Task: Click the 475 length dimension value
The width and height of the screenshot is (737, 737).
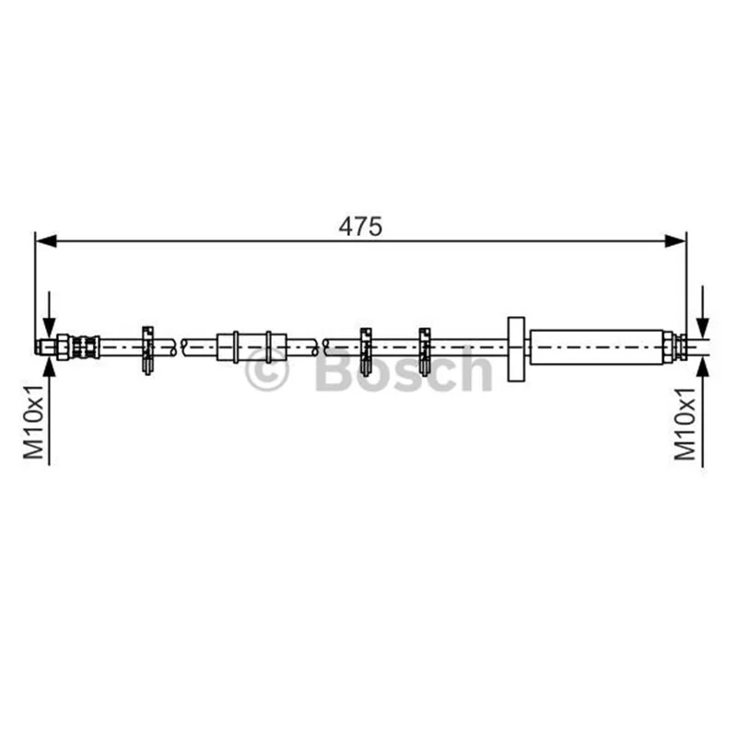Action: tap(360, 227)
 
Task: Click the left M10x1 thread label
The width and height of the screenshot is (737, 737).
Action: tap(34, 422)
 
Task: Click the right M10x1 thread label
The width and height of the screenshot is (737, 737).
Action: tap(684, 424)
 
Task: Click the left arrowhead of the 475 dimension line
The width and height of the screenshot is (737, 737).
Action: tap(46, 241)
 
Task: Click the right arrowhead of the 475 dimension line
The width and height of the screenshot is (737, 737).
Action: tap(675, 241)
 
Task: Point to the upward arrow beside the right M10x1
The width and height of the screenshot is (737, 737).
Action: tap(703, 412)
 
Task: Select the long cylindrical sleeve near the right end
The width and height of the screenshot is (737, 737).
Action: tap(596, 347)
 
